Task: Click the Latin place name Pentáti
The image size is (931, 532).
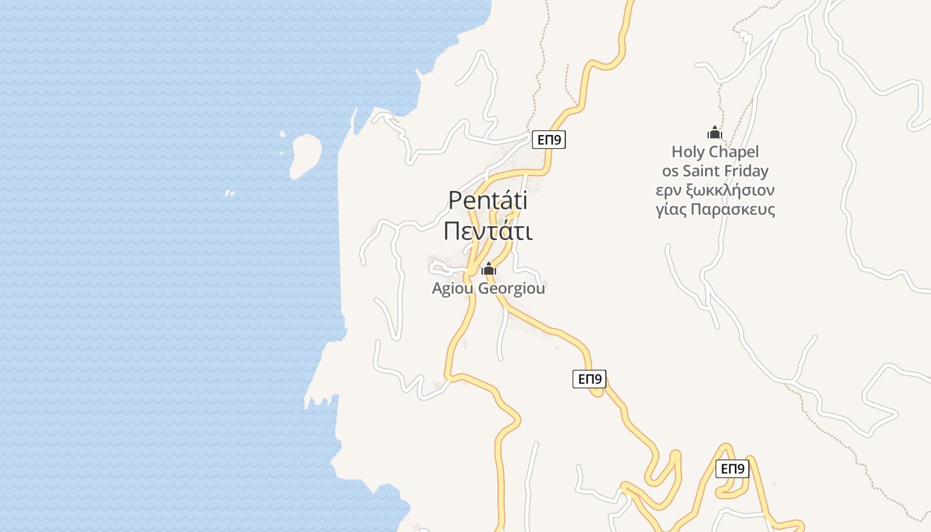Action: click(x=487, y=200)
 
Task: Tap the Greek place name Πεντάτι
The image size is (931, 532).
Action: click(x=488, y=231)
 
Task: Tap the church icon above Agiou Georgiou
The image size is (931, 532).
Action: click(x=489, y=269)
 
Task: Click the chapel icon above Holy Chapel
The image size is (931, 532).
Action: click(x=715, y=132)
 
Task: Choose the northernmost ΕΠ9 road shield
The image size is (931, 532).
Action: click(x=549, y=140)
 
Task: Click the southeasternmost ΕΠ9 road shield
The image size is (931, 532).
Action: click(x=733, y=469)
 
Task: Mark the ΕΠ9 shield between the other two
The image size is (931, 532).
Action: click(x=589, y=379)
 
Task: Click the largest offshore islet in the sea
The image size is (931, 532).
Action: click(x=305, y=154)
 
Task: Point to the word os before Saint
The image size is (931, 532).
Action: click(x=670, y=172)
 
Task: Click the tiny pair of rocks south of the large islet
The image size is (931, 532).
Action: click(x=230, y=194)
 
